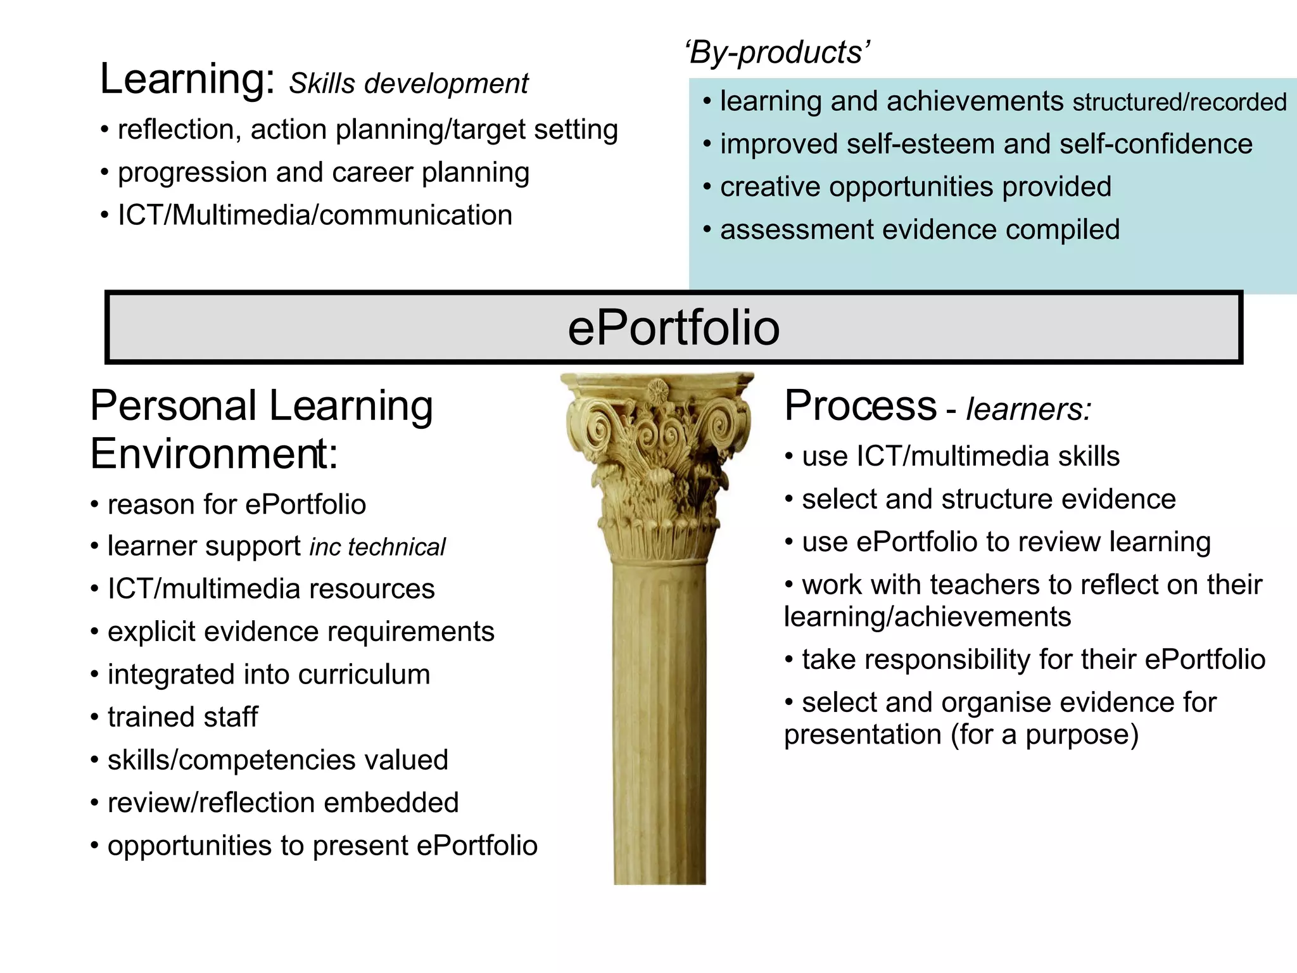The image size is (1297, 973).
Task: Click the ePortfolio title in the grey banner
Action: click(673, 328)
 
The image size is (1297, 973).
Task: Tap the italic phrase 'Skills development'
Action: click(408, 84)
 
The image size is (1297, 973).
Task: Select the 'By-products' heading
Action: click(778, 52)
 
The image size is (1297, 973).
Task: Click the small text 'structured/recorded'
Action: click(1179, 103)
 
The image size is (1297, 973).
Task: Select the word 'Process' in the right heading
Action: click(860, 405)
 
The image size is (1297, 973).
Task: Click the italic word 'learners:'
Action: click(1028, 409)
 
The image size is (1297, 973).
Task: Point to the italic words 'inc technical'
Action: click(377, 547)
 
